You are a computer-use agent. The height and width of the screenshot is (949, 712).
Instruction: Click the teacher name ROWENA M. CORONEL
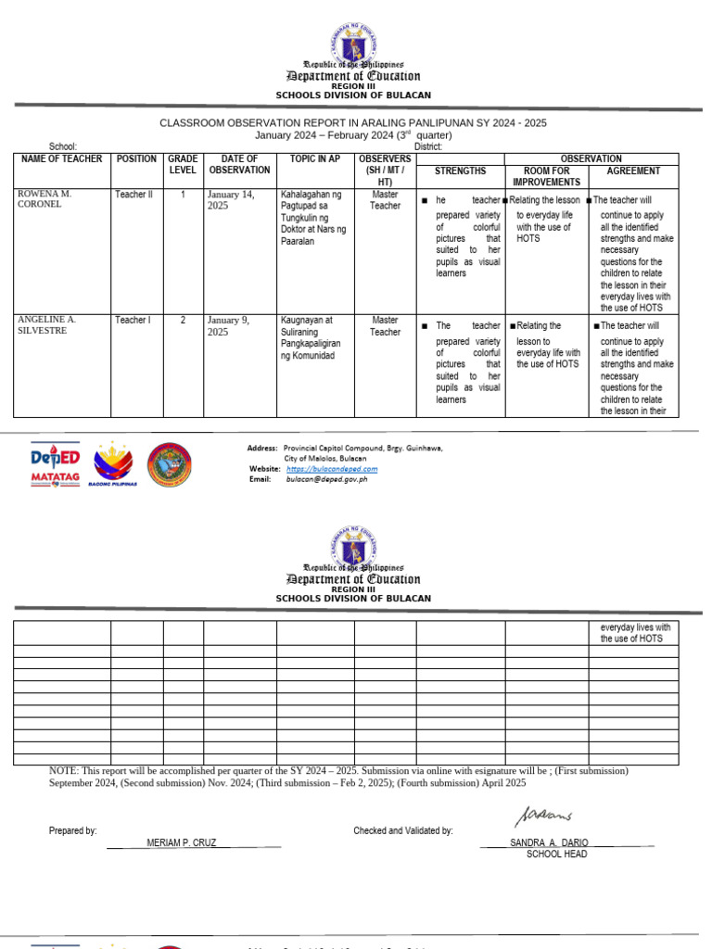(44, 199)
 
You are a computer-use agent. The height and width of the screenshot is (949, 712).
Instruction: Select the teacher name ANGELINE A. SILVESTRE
(46, 324)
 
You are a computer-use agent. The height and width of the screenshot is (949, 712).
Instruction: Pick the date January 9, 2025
(232, 325)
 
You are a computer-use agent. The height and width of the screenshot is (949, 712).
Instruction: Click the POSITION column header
(136, 159)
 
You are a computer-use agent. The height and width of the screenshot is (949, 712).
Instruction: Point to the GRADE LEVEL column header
(183, 165)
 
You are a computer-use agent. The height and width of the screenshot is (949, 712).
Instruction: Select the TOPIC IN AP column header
(314, 159)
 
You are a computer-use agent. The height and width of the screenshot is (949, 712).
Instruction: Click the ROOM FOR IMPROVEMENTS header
(546, 177)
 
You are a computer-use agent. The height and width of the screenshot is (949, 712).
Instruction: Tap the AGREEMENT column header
(633, 171)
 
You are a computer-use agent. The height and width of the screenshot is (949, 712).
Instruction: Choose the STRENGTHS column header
(460, 171)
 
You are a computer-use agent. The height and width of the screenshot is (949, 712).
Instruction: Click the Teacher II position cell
(133, 195)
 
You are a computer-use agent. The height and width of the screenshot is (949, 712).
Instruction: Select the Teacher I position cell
(132, 320)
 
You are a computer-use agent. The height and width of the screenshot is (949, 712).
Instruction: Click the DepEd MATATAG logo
(55, 464)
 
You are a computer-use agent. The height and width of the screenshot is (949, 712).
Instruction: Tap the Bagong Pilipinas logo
(113, 464)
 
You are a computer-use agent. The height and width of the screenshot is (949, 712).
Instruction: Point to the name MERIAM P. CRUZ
(182, 842)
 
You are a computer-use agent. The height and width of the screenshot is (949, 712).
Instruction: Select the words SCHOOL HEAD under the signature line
(556, 854)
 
